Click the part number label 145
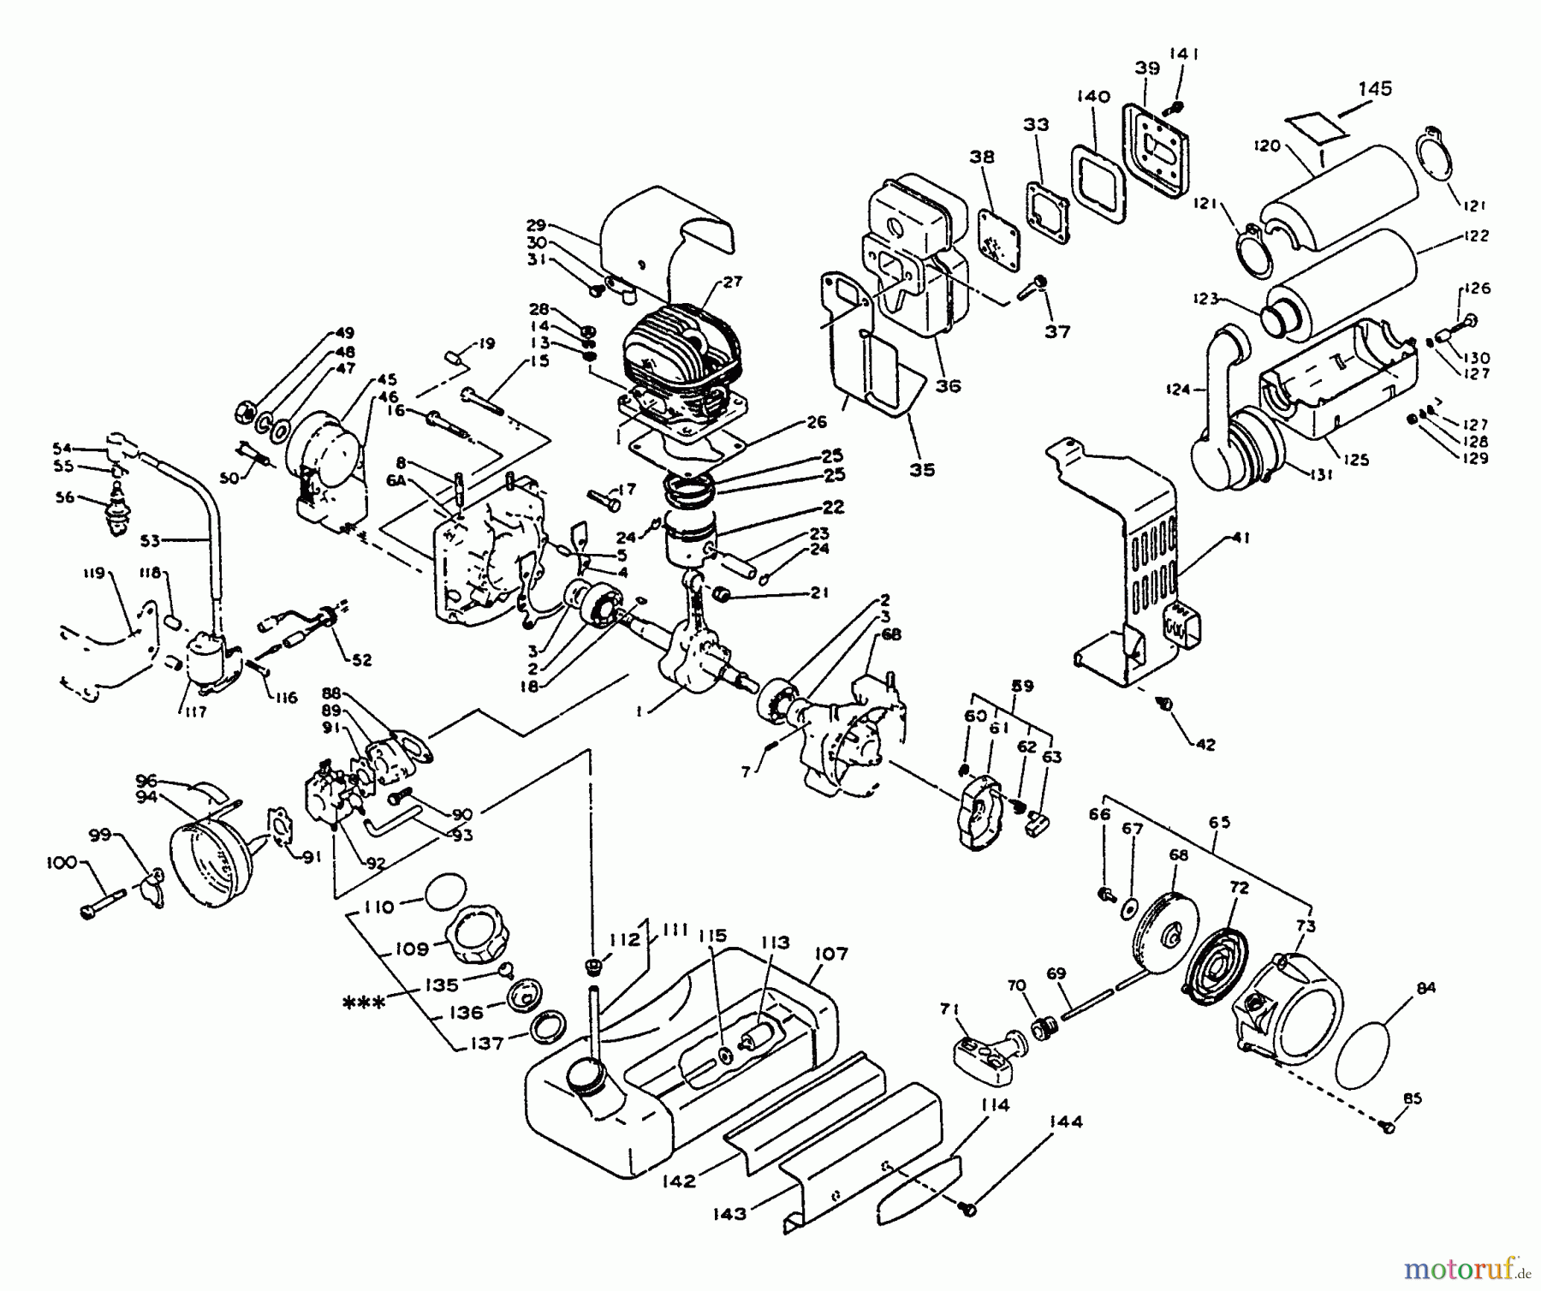(1375, 89)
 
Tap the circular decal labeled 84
(1373, 1046)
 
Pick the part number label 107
(830, 954)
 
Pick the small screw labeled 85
(1389, 1129)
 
